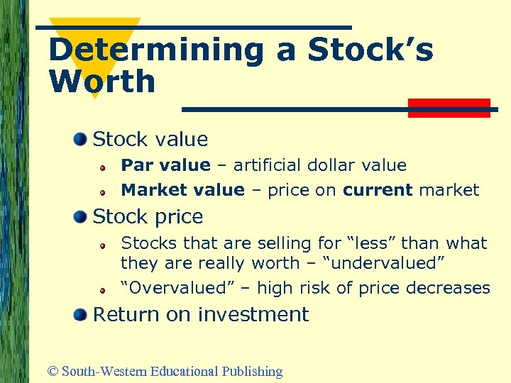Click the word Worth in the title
pyautogui.click(x=102, y=82)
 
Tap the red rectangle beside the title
pyautogui.click(x=449, y=108)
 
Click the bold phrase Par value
pyautogui.click(x=165, y=165)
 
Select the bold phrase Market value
pyautogui.click(x=182, y=190)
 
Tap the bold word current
pyautogui.click(x=377, y=190)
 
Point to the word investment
pyautogui.click(x=253, y=314)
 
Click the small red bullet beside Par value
pyautogui.click(x=102, y=167)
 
